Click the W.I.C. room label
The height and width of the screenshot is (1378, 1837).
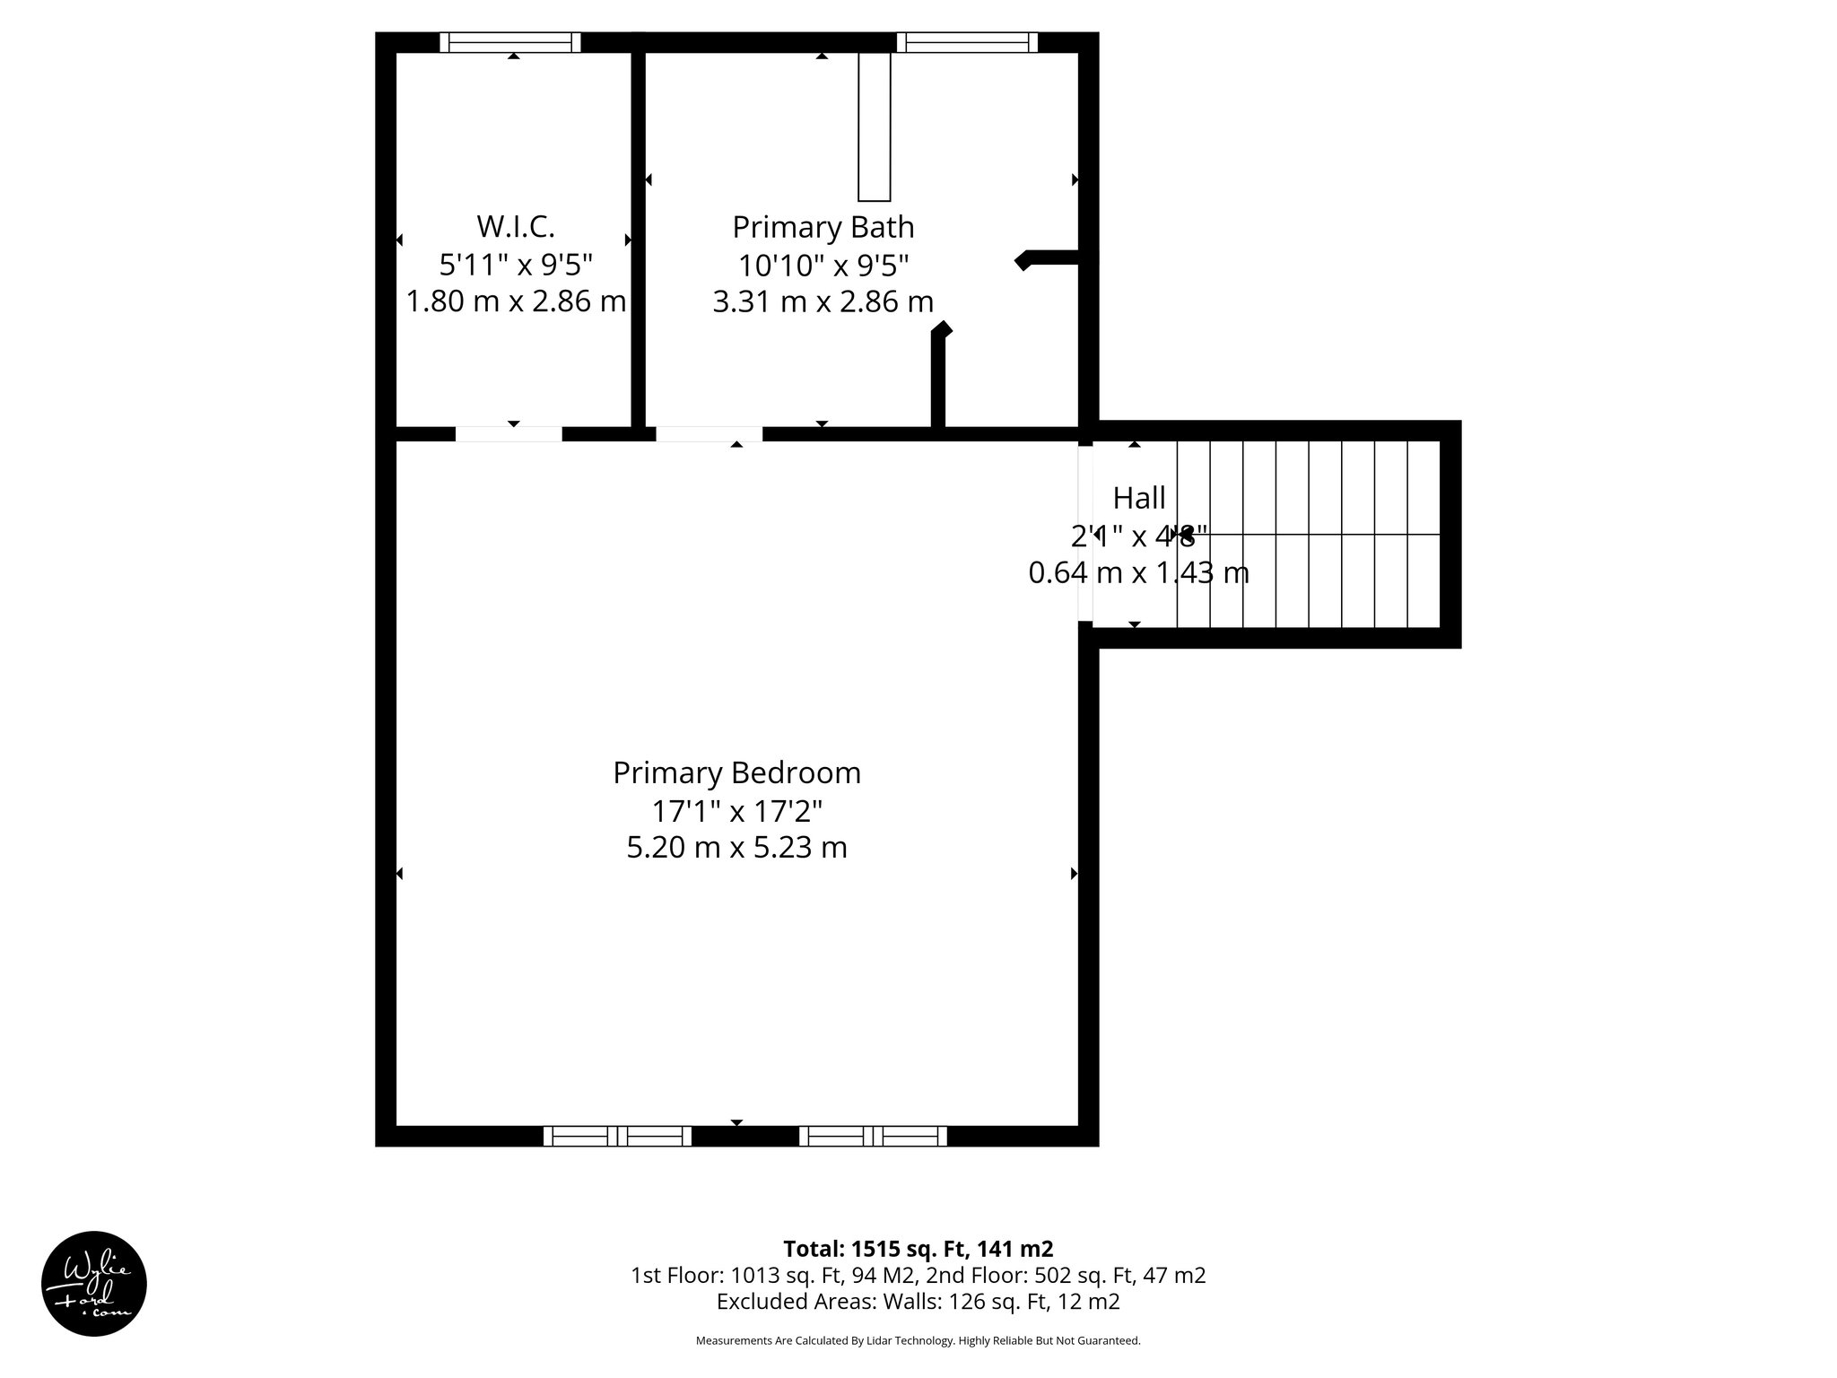(515, 227)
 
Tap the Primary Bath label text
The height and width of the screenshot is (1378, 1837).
(823, 227)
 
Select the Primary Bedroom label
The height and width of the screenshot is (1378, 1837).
(736, 772)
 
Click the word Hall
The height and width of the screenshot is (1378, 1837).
(1139, 497)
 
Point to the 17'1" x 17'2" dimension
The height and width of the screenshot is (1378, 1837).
(736, 811)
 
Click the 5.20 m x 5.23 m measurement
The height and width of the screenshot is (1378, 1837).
(736, 847)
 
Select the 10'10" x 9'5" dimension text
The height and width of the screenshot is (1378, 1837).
(823, 266)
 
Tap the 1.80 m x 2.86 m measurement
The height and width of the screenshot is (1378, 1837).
(515, 301)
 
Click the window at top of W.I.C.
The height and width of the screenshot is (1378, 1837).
(510, 42)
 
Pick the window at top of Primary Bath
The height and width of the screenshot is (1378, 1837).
(967, 42)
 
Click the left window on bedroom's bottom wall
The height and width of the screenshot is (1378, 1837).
(617, 1136)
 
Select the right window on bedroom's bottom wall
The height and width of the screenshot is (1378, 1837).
(873, 1136)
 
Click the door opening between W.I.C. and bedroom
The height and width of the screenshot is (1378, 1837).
(509, 434)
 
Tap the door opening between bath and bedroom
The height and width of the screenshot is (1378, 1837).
(709, 434)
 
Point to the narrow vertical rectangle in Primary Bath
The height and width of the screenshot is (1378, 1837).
(874, 126)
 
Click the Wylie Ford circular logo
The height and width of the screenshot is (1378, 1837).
(94, 1284)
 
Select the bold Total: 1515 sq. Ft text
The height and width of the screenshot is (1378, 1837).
(918, 1249)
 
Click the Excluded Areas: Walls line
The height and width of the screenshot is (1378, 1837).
(918, 1301)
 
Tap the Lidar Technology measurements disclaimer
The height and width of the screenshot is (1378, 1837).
(918, 1340)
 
